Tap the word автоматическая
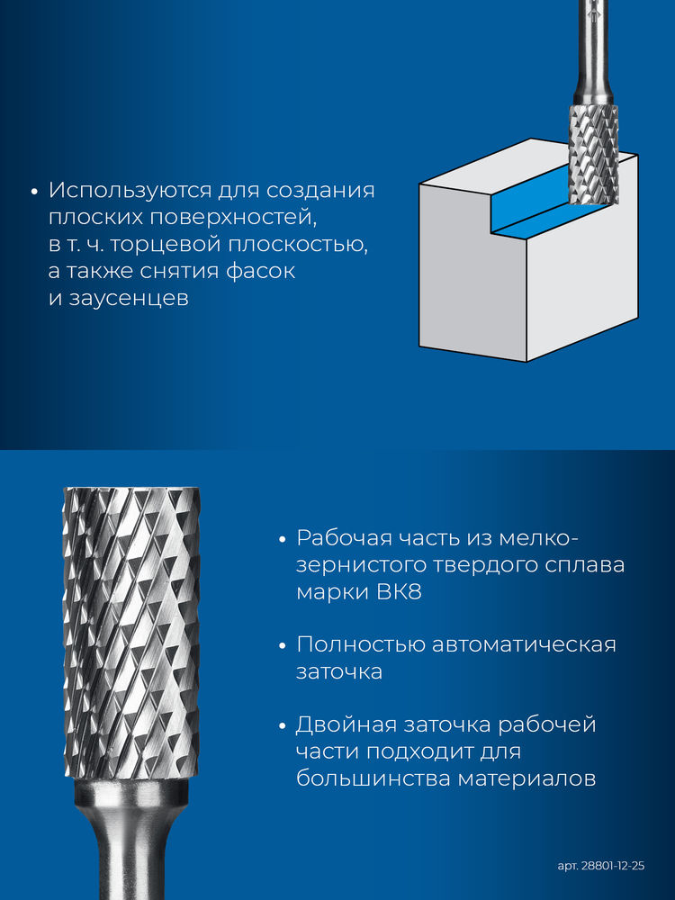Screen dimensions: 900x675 point(524,645)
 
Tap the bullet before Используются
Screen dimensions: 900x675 point(33,192)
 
